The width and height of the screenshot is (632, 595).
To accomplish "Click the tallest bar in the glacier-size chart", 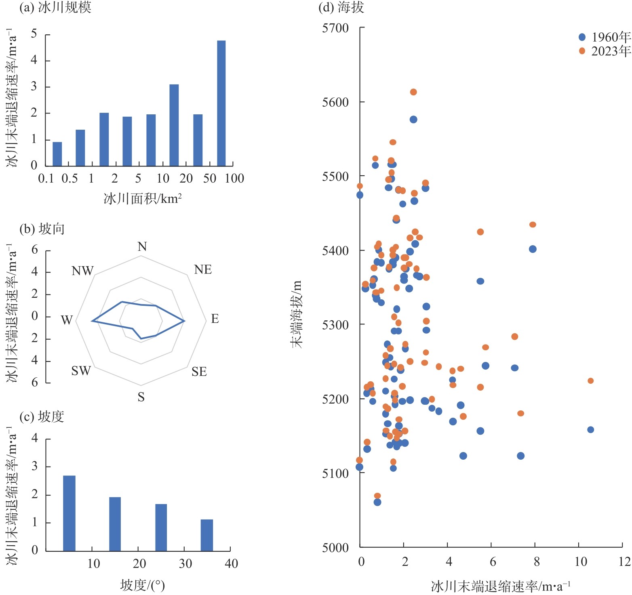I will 221,103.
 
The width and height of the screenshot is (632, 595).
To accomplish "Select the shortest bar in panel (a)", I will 57,154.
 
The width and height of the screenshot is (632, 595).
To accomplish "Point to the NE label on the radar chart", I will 203,270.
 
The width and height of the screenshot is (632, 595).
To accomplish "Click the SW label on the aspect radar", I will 81,371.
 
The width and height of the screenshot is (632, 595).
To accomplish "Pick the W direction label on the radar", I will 67,320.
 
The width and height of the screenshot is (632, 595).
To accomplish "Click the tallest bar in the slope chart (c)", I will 69,513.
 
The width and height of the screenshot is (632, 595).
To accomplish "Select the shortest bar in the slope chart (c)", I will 207,535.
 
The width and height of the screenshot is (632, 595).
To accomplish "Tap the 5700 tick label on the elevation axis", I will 335,28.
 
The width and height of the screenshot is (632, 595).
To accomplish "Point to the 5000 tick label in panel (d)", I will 335,548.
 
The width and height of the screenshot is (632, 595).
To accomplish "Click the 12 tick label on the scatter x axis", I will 624,561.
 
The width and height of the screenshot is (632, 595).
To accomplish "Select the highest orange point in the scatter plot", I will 413,92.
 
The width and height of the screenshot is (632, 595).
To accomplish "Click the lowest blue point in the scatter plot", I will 377,502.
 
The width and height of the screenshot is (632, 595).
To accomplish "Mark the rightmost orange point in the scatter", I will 590,381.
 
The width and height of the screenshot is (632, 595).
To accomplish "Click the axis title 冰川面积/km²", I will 143,199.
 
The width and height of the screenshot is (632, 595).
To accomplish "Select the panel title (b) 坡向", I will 42,229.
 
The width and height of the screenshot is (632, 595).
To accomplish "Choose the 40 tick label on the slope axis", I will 231,563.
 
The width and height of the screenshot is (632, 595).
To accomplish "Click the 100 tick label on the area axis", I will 234,179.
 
